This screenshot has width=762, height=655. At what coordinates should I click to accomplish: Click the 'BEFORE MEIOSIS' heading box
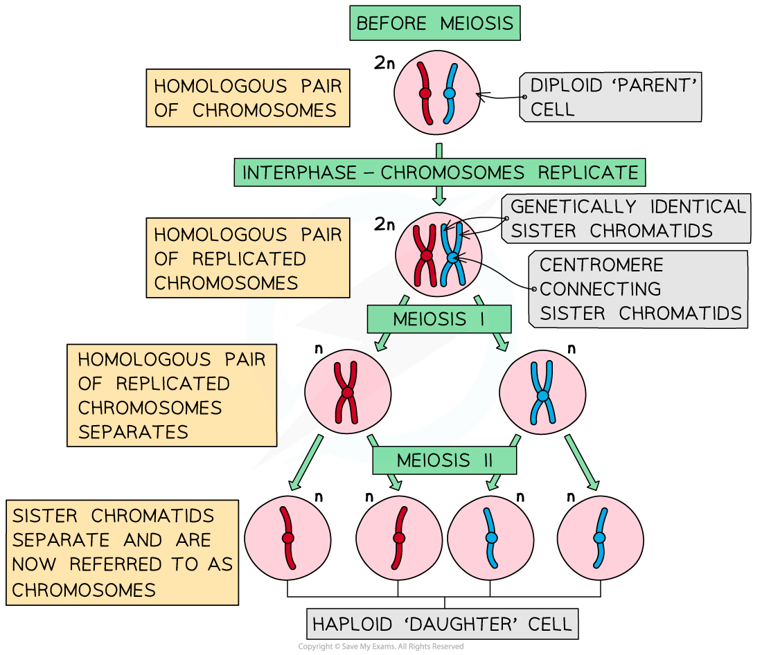click(434, 24)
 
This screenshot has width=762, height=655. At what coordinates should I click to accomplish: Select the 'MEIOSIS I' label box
click(439, 319)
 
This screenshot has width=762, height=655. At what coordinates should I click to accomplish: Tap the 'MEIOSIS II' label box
click(444, 460)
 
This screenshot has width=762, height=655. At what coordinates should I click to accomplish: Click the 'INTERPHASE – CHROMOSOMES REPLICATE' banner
click(439, 172)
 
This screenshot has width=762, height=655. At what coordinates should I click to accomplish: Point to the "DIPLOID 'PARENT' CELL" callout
click(611, 98)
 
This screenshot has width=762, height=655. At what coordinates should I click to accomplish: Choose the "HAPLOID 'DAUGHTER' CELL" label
click(442, 625)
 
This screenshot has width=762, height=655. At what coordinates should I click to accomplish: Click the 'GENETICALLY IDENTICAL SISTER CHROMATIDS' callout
click(627, 219)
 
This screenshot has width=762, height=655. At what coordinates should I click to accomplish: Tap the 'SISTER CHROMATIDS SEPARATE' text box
click(123, 553)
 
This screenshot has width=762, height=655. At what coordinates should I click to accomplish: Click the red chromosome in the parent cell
click(425, 91)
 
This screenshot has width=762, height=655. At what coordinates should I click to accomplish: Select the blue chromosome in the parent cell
click(450, 91)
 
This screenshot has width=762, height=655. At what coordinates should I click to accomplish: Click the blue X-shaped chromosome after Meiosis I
click(542, 393)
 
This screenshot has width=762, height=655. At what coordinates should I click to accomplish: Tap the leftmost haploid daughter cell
click(287, 538)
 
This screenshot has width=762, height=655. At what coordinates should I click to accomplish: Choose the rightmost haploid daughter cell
click(600, 538)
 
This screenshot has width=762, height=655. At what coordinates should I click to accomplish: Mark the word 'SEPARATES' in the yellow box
click(133, 432)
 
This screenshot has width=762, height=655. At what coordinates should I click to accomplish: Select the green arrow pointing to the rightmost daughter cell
click(582, 463)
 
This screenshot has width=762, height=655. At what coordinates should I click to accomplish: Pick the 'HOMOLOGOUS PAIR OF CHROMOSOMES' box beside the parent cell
click(247, 98)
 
